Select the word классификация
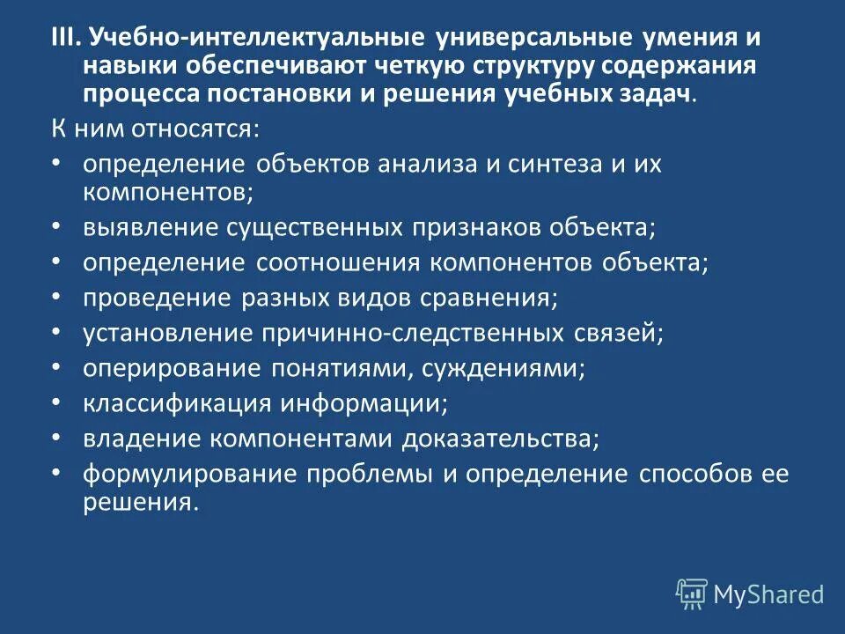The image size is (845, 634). [179, 402]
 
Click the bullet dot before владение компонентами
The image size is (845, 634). [55, 437]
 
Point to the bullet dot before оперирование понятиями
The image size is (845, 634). [55, 366]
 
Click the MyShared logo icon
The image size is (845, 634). [692, 593]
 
